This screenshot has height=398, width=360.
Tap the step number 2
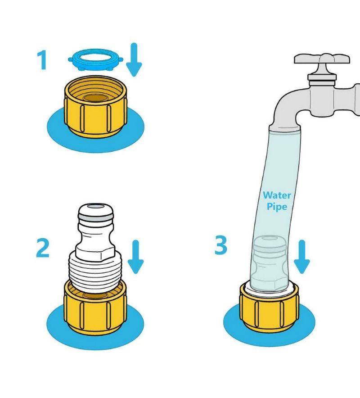click(x=43, y=248)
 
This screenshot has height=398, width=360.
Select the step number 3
click(x=220, y=245)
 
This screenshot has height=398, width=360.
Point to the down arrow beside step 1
click(x=134, y=60)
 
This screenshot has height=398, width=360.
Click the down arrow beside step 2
click(x=135, y=257)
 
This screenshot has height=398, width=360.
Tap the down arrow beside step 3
click(x=301, y=257)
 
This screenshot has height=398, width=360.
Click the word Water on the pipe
click(x=277, y=195)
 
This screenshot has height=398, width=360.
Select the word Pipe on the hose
click(x=277, y=206)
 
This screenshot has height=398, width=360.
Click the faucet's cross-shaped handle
click(x=322, y=59)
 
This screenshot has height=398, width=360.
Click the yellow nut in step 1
click(x=95, y=107)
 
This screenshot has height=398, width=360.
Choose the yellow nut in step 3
click(x=270, y=308)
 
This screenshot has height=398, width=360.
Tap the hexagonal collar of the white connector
click(x=96, y=254)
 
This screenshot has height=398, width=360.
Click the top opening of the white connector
click(x=96, y=207)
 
